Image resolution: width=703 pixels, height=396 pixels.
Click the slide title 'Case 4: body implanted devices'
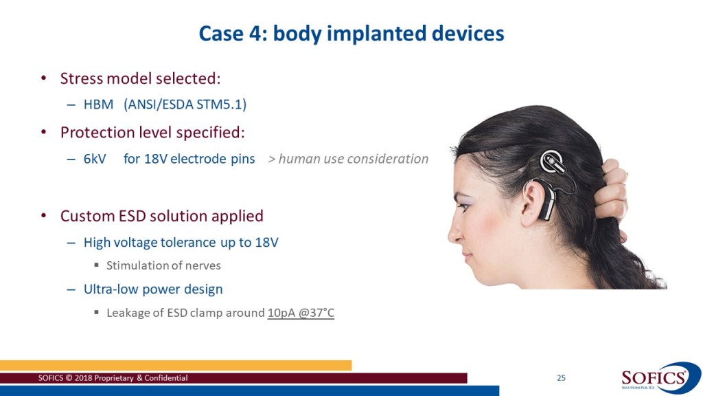pos(351,34)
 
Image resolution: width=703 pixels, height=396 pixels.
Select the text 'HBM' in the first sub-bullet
pos(98,104)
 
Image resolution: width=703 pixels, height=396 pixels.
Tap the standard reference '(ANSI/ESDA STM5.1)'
pos(185,104)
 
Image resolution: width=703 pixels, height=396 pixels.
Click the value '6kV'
pos(95,159)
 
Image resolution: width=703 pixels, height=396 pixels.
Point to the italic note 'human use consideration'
pos(354,159)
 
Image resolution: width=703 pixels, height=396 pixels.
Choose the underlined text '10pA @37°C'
pos(301,313)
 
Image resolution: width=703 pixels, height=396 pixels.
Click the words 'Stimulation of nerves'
pos(163,265)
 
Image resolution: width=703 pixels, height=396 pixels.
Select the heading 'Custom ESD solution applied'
pos(162,216)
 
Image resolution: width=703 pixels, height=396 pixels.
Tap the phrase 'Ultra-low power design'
pos(153,289)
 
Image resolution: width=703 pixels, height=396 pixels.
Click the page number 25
pos(561,378)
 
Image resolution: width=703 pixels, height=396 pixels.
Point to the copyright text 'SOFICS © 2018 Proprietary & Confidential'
pos(113,378)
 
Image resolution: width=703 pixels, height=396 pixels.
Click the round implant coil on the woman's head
pos(553,162)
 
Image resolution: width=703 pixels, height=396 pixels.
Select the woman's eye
pos(465,207)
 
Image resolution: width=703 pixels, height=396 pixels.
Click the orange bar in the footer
pos(176,365)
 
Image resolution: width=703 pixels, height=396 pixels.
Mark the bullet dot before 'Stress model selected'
pos(43,78)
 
